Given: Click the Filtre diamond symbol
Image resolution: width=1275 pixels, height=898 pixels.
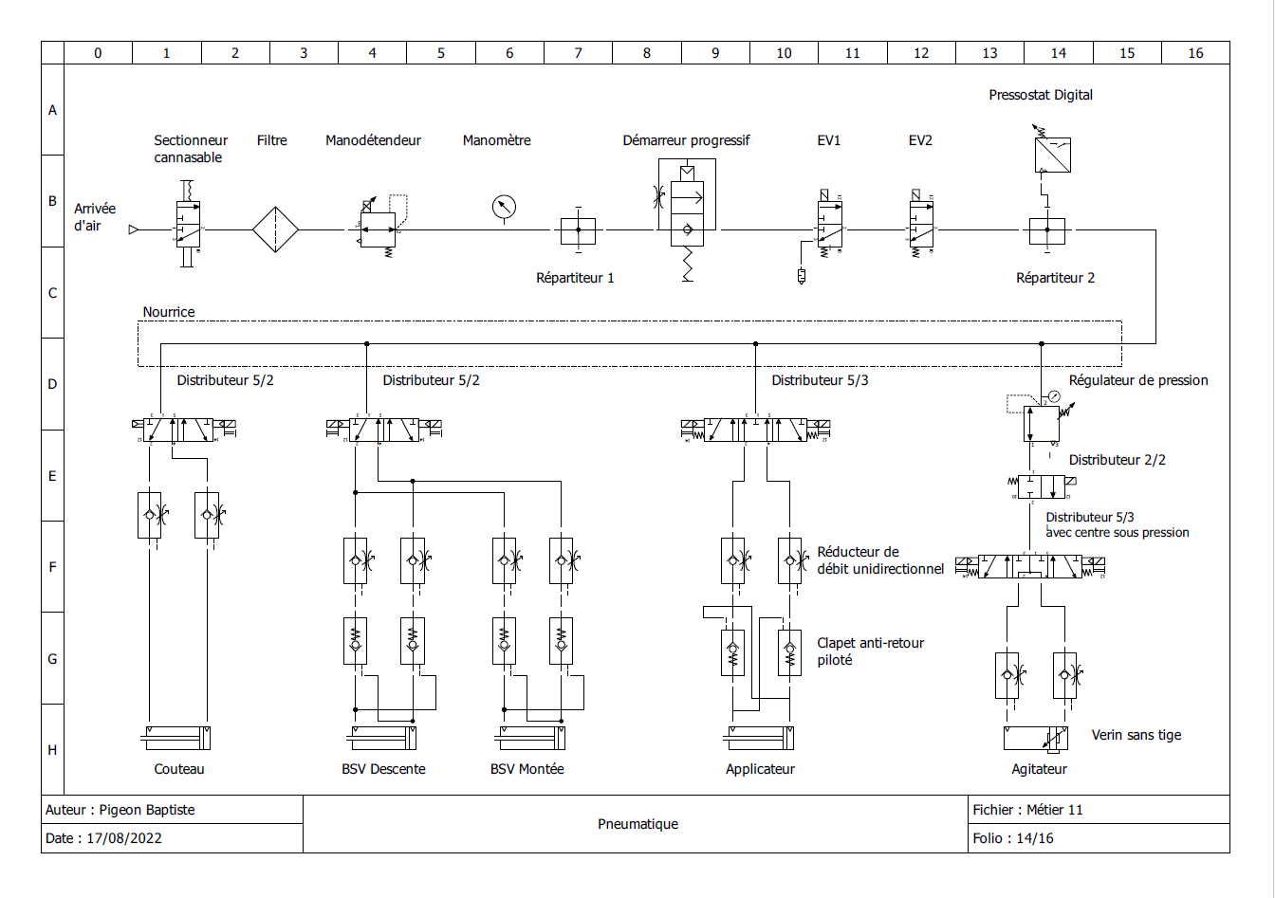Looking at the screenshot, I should click(x=275, y=229).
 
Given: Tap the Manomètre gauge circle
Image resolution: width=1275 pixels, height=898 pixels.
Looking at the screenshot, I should click(x=504, y=207).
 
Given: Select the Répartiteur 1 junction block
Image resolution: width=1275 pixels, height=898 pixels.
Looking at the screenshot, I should click(x=578, y=229).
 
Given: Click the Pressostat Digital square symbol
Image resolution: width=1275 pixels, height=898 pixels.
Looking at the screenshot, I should click(x=1052, y=155).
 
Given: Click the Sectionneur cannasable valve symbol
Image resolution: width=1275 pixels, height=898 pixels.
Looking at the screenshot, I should click(x=188, y=226).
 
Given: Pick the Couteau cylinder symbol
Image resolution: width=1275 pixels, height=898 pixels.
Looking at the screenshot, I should click(x=176, y=738).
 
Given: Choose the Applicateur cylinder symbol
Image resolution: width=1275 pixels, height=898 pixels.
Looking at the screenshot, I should click(x=760, y=738).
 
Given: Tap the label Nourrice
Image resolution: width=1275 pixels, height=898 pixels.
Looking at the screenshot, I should click(x=169, y=312).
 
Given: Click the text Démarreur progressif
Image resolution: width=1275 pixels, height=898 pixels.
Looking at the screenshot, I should click(x=686, y=140).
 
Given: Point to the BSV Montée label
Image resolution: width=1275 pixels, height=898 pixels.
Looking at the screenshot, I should click(x=527, y=769).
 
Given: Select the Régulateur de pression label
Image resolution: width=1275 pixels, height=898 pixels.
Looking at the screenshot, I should click(x=1138, y=380).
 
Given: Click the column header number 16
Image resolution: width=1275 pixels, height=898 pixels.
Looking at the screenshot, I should click(x=1195, y=53).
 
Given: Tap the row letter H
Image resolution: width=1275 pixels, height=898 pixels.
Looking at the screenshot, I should click(x=52, y=750).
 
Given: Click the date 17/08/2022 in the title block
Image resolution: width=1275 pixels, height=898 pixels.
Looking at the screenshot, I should click(x=124, y=838).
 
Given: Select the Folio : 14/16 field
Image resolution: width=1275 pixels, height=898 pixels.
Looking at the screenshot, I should click(x=1013, y=838).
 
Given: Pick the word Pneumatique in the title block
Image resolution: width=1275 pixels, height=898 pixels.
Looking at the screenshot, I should click(x=637, y=824).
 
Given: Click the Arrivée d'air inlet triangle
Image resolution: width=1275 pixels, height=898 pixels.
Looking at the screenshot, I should click(x=134, y=229).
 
